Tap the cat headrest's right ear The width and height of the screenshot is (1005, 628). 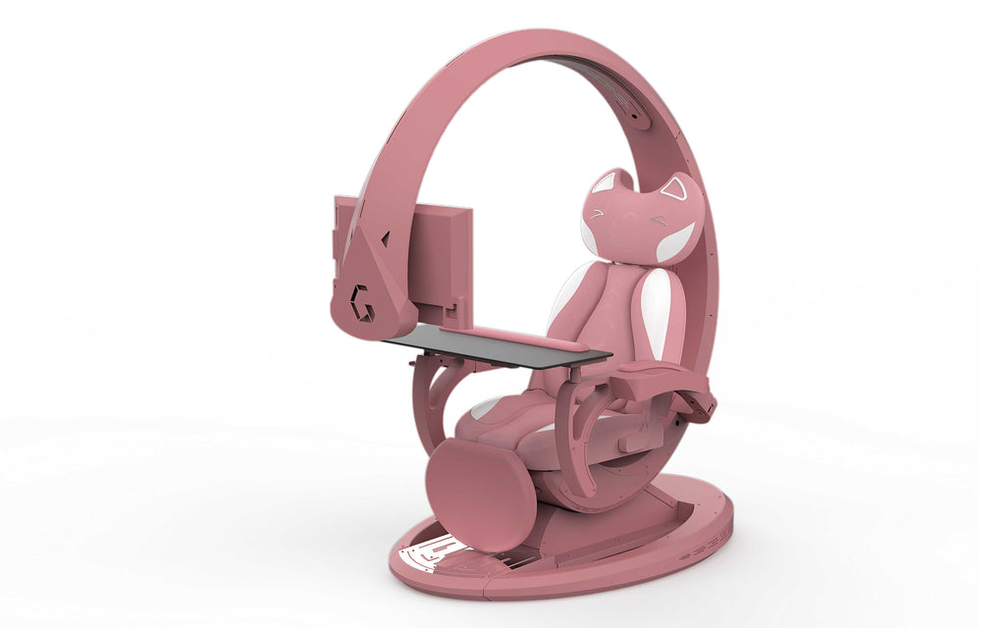click(675, 189)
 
